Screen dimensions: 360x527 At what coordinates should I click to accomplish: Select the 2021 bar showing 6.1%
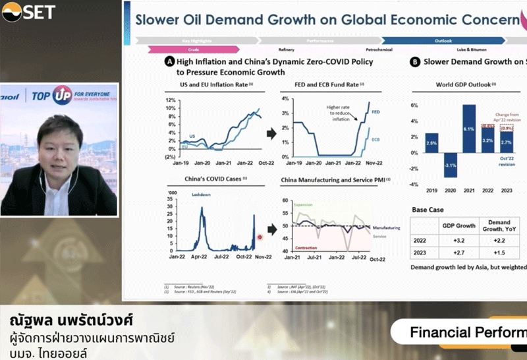click(x=469, y=129)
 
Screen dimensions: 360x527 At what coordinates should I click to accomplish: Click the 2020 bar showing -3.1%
click(x=450, y=165)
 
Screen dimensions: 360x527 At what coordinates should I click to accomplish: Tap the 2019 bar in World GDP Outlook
click(x=431, y=142)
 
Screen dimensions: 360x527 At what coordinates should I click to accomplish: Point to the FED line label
click(x=376, y=112)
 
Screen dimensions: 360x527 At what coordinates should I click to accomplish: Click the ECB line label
click(x=376, y=140)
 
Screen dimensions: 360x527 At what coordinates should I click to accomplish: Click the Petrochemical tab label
click(x=379, y=49)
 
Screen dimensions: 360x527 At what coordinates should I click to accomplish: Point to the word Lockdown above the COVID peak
click(x=201, y=195)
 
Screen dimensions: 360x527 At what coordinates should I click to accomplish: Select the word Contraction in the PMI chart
click(x=296, y=248)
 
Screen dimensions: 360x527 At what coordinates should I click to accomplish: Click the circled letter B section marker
click(x=415, y=62)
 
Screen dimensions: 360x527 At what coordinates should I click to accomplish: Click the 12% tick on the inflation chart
click(x=169, y=99)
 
